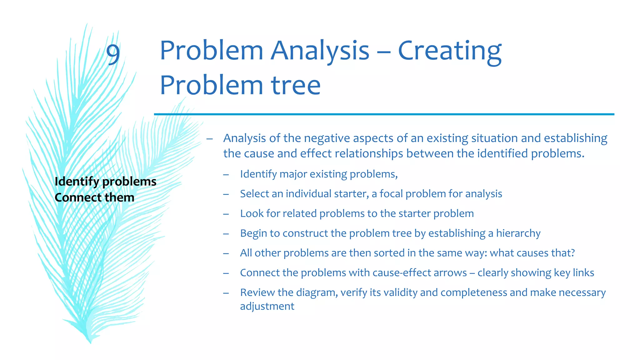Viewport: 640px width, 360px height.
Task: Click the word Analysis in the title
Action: pos(320,51)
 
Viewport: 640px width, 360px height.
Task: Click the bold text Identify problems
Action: pos(105,182)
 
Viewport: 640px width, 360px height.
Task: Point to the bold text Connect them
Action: pos(94,197)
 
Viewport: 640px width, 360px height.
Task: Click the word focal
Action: pos(391,194)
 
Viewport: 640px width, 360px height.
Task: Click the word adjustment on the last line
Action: pos(267,306)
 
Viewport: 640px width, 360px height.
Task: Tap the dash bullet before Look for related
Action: pos(226,214)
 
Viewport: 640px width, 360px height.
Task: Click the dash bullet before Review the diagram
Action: pos(226,293)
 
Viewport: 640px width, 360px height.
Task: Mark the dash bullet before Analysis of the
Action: pos(209,139)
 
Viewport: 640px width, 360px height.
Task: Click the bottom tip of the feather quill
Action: pos(90,342)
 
